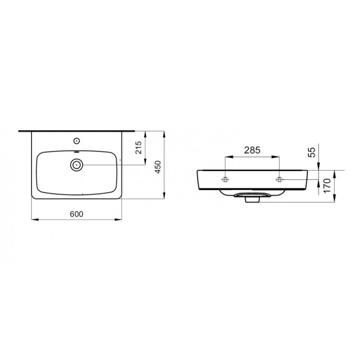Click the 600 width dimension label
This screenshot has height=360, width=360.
click(x=76, y=214)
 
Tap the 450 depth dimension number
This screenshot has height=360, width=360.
click(x=158, y=167)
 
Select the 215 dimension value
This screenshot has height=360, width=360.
click(x=139, y=148)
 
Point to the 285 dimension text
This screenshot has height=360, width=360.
click(x=252, y=150)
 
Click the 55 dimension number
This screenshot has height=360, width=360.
click(x=312, y=152)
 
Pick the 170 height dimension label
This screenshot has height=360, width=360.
click(x=327, y=186)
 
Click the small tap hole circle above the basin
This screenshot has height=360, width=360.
click(x=76, y=140)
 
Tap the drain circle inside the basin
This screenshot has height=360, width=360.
click(x=76, y=165)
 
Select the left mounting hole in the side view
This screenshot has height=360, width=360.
click(x=225, y=179)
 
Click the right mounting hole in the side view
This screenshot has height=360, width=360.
click(x=279, y=179)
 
